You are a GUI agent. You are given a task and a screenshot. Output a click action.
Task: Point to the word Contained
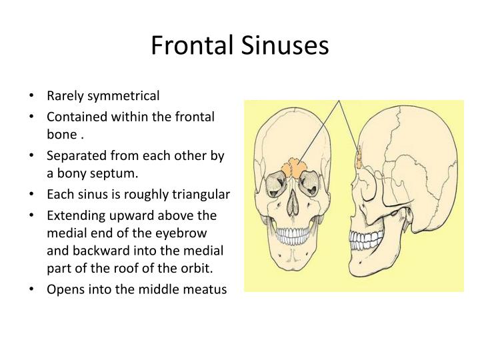(73, 117)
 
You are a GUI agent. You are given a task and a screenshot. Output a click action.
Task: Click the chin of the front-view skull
(293, 263)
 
